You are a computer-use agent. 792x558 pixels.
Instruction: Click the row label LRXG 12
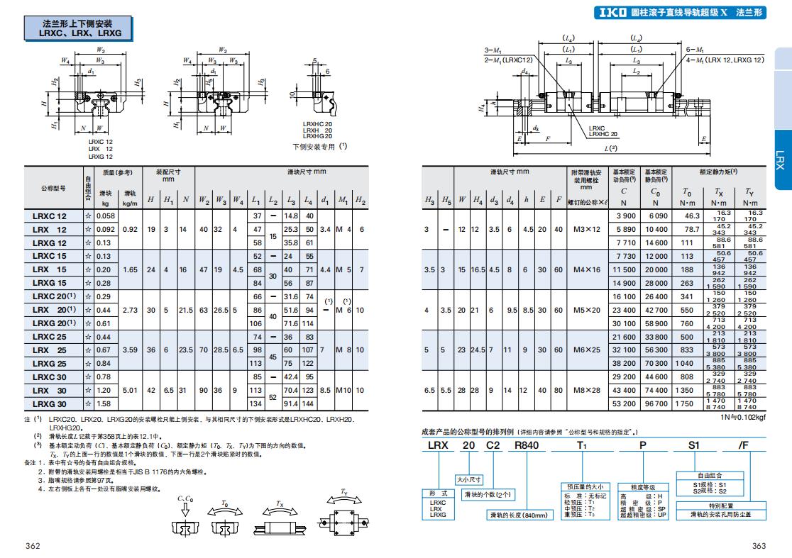(x=49, y=242)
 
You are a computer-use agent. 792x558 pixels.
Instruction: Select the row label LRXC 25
(x=49, y=337)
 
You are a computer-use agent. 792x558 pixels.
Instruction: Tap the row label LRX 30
(x=49, y=390)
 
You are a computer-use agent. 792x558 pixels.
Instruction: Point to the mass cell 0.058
(x=106, y=216)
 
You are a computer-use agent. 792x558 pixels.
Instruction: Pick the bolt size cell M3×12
(x=587, y=229)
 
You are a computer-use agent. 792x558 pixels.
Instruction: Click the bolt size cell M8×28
(x=587, y=390)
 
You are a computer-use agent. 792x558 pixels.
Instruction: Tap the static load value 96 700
(x=656, y=403)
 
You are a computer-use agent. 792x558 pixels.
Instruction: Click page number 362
(x=33, y=545)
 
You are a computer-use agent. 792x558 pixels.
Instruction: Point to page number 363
(x=759, y=545)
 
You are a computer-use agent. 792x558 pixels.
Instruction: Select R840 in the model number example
(x=527, y=445)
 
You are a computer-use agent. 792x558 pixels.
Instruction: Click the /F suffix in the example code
(x=743, y=445)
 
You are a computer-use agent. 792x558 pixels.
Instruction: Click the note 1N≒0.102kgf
(x=743, y=417)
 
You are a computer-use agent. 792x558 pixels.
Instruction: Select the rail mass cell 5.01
(x=130, y=390)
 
